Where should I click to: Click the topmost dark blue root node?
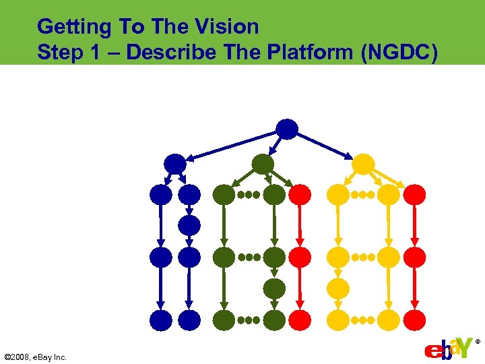(287, 129)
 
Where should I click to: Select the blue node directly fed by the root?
(174, 164)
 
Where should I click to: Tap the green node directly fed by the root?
(263, 164)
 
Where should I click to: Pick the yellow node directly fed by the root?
(363, 164)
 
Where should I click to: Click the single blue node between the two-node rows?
(190, 225)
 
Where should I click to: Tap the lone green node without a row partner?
(274, 289)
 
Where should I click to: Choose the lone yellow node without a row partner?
(338, 289)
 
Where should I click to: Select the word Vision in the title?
(228, 27)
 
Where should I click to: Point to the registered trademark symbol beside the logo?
(478, 342)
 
